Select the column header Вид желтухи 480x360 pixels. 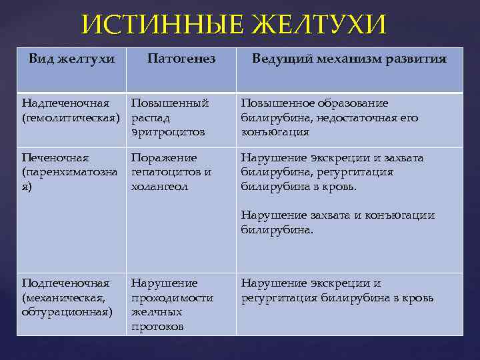[72, 59]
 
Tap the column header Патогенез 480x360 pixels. [181, 59]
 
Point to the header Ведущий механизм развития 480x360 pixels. [349, 59]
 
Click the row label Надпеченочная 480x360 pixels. [65, 103]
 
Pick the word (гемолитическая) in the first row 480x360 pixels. [71, 117]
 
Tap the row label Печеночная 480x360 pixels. [55, 158]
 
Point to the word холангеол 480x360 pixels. [159, 186]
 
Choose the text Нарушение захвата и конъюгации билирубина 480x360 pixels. [337, 222]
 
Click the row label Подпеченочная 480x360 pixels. [65, 283]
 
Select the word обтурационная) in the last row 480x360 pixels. [67, 311]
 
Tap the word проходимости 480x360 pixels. [172, 297]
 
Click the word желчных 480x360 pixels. [157, 311]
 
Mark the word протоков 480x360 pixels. [157, 326]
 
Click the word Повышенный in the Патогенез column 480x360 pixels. [169, 103]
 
